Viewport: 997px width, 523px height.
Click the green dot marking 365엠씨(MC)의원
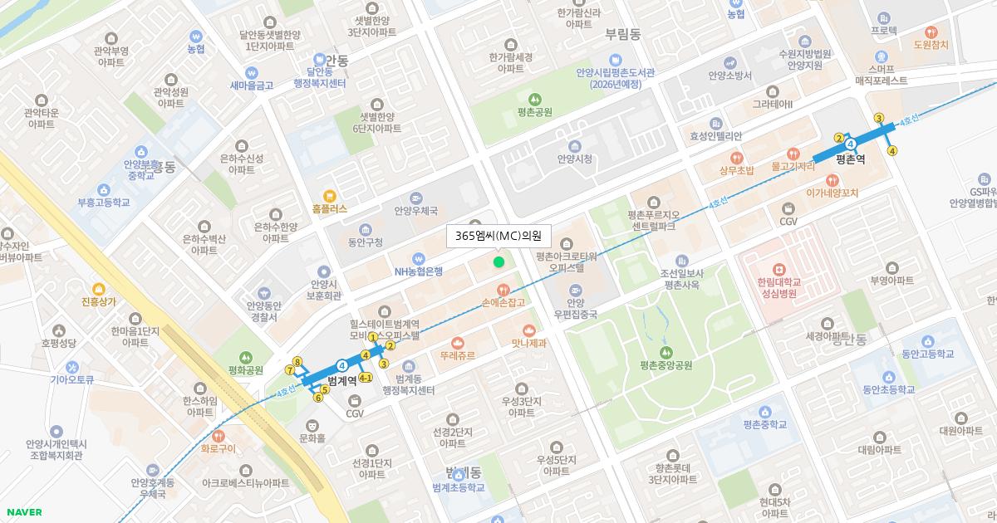498,262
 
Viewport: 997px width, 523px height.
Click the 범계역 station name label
342,380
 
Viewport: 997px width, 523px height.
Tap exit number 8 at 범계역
297,361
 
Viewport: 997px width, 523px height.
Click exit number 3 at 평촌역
878,118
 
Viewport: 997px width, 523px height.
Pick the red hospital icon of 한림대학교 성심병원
778,269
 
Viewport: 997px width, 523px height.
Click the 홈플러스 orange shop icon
330,196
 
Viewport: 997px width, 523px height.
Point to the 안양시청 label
574,159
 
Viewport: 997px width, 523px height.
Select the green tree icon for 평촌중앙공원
666,352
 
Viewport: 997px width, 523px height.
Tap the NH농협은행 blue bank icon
419,257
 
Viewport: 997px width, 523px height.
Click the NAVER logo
22,512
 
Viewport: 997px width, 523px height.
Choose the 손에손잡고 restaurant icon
503,290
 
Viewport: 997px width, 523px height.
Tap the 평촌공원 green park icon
533,99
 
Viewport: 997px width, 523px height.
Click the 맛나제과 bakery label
529,342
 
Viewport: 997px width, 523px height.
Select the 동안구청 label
365,242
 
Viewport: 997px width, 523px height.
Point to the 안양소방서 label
729,76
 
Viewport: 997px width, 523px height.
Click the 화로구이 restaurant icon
219,436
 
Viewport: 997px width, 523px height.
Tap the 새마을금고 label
252,85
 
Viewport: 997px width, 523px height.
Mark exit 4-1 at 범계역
366,378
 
